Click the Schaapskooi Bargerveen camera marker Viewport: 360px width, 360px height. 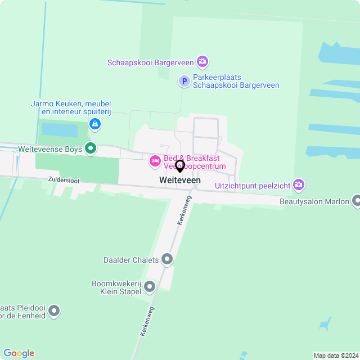coord(202,61)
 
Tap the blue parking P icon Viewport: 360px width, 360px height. coord(184,82)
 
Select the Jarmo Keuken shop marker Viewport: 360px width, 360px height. coord(95,123)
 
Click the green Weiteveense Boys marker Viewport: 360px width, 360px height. coord(91,148)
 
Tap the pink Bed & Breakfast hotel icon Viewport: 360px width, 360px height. coord(155,162)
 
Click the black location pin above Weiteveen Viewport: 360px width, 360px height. coord(180,166)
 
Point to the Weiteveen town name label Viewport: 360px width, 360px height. coord(180,180)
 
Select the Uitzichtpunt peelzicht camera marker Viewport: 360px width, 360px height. coord(299,184)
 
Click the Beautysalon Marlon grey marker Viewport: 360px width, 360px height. coord(356,201)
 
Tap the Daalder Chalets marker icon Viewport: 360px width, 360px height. coord(167,259)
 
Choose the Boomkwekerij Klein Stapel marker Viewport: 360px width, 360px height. coord(150,287)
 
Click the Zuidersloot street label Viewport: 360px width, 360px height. coord(63,181)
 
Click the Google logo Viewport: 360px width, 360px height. coord(19,353)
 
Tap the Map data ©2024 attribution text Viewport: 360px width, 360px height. coord(336,355)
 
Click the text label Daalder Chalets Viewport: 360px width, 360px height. coord(130,260)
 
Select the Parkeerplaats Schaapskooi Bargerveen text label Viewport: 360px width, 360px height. coord(236,82)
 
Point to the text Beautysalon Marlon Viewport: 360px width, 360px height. coord(314,201)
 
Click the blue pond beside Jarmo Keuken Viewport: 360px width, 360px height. coord(60,130)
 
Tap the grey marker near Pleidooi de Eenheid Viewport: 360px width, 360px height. coord(54,310)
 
